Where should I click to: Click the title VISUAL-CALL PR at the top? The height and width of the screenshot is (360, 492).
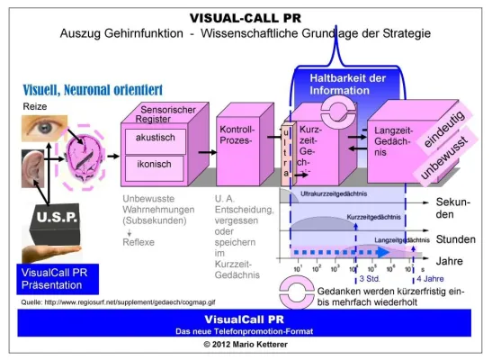click(245, 17)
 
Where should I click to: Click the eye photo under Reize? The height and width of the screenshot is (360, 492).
click(41, 129)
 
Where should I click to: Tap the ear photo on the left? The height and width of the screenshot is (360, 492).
click(33, 169)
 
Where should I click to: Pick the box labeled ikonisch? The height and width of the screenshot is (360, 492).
click(155, 165)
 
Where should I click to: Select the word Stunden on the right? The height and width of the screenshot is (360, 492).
click(456, 240)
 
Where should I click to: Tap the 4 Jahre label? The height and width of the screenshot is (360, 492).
click(431, 280)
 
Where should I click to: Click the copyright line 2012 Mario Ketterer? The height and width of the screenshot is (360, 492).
click(245, 345)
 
